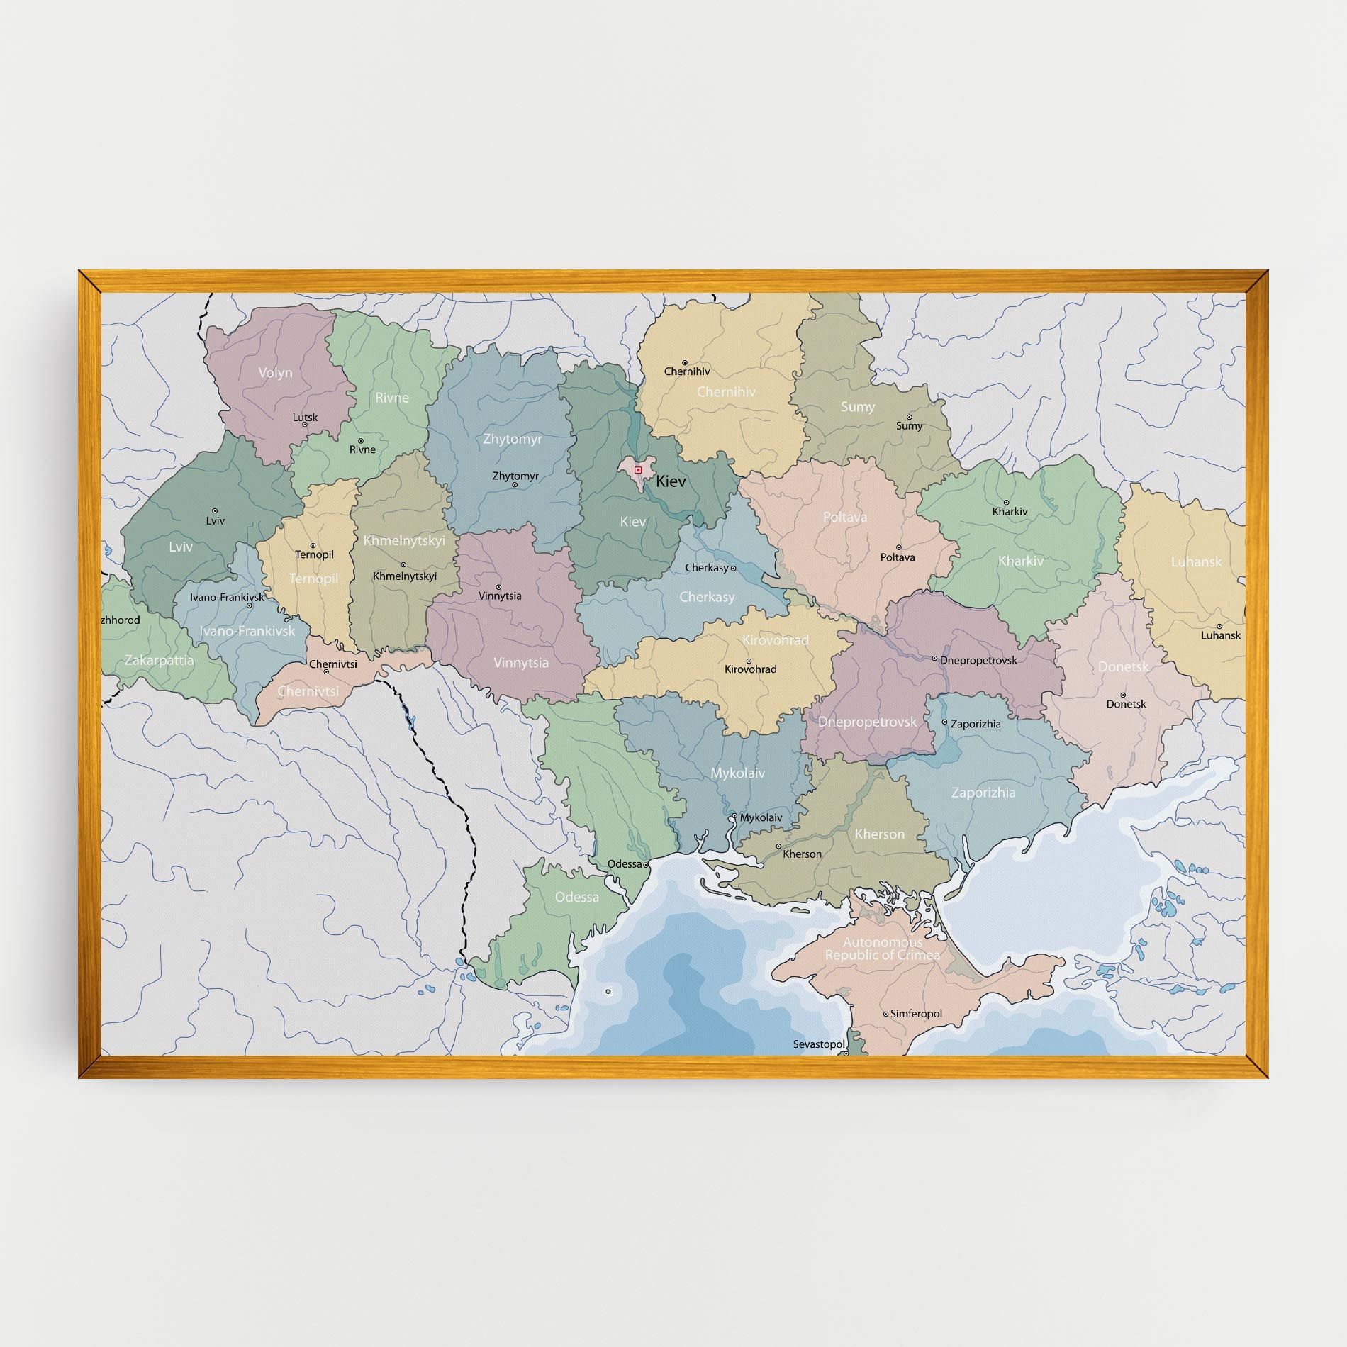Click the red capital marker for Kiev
(x=638, y=469)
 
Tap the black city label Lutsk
(x=306, y=417)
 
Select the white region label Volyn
(x=275, y=372)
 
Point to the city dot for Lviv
(x=216, y=510)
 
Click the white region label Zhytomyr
(x=512, y=439)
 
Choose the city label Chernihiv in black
(x=686, y=371)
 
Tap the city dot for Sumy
(x=909, y=417)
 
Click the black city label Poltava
(x=898, y=557)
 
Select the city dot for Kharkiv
(x=1006, y=502)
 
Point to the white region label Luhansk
(x=1196, y=561)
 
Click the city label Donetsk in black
(x=1126, y=704)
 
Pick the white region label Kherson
(x=879, y=834)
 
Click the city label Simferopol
(x=916, y=1014)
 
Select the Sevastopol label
(x=819, y=1044)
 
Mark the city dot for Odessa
(x=646, y=864)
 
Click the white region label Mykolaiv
(x=738, y=773)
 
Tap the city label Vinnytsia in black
(x=500, y=596)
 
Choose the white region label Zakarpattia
(x=159, y=660)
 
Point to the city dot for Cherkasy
(x=733, y=568)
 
